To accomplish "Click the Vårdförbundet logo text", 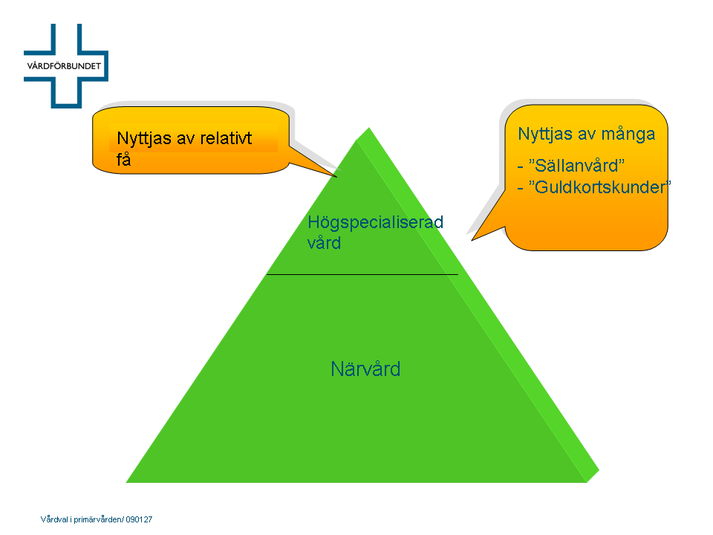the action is point(64,66).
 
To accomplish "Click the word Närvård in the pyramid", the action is point(365,369).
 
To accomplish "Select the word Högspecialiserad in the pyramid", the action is point(376,223).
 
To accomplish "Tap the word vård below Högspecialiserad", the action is point(325,243).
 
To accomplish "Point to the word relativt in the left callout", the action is point(226,138).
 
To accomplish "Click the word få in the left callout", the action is point(124,159).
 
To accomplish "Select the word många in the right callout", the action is point(628,134).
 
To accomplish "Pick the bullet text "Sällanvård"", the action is point(576,166).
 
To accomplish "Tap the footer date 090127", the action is point(139,519).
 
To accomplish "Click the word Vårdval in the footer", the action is point(54,519).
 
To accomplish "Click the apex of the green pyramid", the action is point(369,128).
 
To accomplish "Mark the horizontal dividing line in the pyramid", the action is point(362,274).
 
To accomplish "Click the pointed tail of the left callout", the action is point(337,177).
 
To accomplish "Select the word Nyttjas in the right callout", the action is point(545,134).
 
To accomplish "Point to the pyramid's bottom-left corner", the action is point(126,482).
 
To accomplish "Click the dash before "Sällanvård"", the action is point(520,167).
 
